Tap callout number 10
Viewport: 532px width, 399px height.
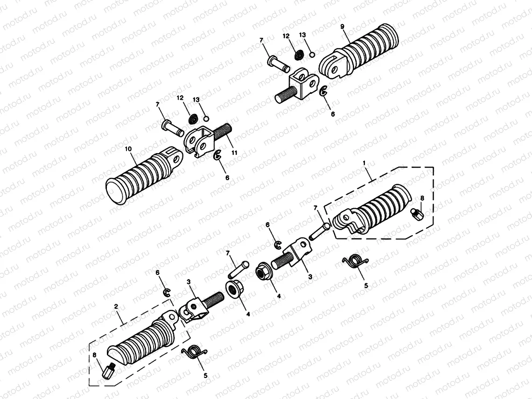(129, 149)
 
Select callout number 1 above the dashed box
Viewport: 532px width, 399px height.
(365, 163)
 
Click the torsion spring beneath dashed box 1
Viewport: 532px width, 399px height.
(356, 262)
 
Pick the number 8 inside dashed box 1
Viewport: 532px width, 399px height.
(422, 198)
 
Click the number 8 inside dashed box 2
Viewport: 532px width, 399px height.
(95, 355)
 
